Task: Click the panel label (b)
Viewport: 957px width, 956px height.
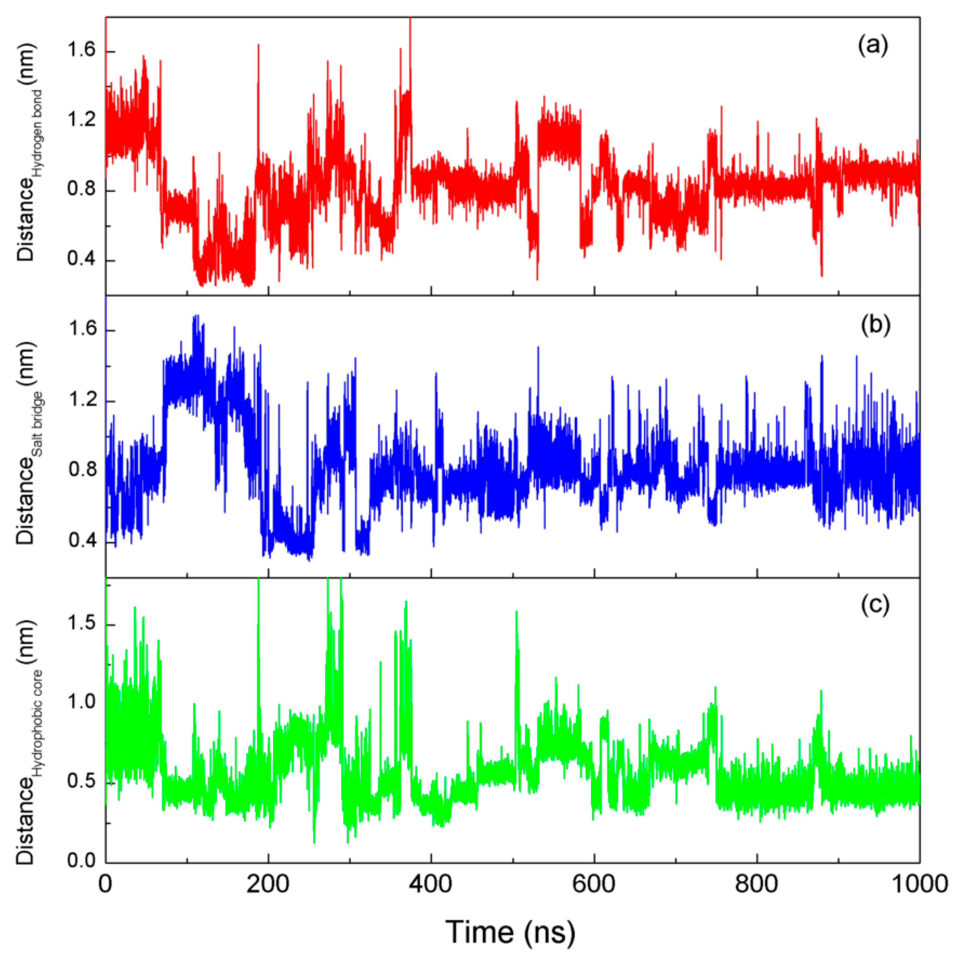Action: pos(875,325)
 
